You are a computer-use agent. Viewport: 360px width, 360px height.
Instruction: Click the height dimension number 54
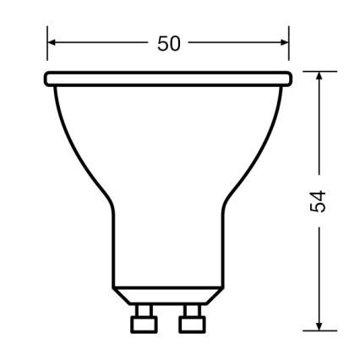(319, 201)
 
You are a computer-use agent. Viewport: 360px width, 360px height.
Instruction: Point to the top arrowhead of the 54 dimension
(319, 76)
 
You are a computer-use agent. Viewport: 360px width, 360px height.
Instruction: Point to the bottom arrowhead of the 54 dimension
(319, 325)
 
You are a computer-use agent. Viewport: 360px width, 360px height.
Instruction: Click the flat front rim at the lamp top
(168, 79)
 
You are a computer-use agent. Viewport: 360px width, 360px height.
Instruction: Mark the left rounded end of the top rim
(48, 79)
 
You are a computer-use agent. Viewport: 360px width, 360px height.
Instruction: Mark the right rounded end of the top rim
(287, 79)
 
